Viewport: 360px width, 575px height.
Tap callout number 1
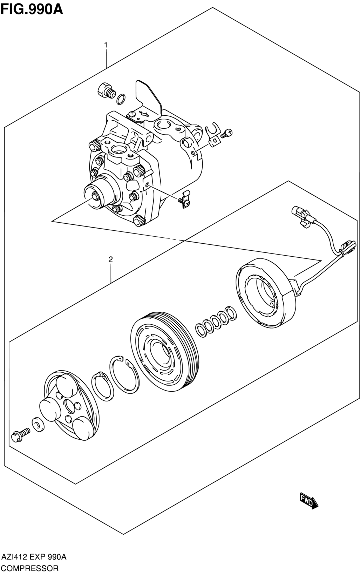[106, 45]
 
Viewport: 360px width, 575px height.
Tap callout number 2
[110, 259]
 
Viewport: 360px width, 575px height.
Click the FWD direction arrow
[309, 501]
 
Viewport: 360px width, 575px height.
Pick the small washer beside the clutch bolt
[38, 425]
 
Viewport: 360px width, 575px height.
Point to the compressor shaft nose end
[96, 196]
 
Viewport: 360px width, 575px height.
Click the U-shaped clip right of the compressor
[214, 135]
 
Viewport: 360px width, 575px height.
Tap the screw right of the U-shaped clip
[226, 133]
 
